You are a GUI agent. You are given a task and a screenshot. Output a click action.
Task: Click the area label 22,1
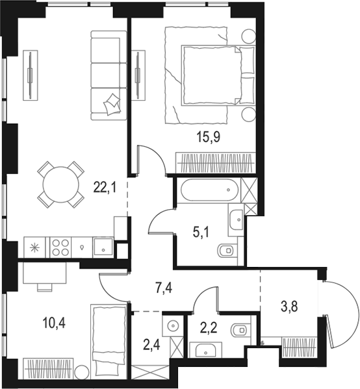[x=105, y=188]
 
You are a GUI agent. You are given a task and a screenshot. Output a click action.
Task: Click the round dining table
[x=60, y=184]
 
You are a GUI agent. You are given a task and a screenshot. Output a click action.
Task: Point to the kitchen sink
[x=102, y=247]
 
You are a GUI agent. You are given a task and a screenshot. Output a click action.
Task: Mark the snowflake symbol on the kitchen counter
[x=34, y=247]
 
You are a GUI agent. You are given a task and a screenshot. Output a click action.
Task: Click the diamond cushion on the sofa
[x=113, y=101]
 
